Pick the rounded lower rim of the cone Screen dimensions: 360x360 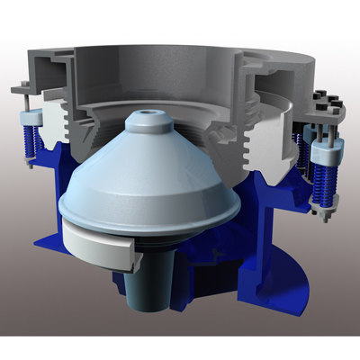tap(153, 225)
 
